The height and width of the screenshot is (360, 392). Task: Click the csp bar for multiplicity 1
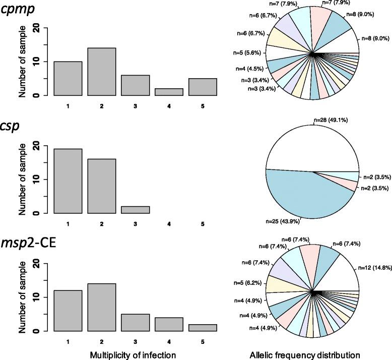[68, 181]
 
